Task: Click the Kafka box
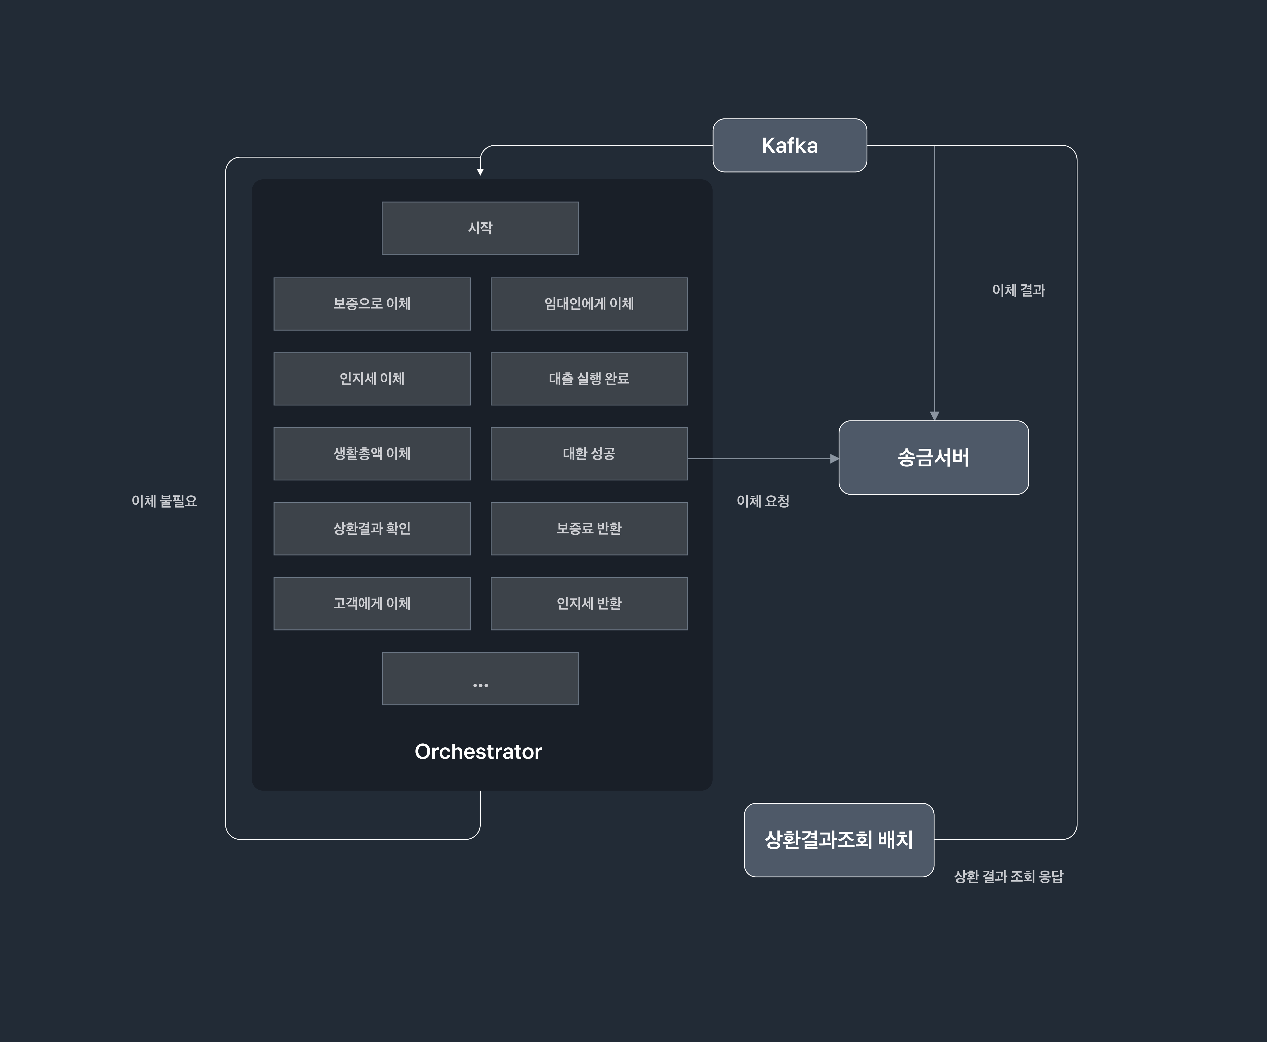pyautogui.click(x=789, y=145)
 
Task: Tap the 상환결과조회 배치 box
pyautogui.click(x=839, y=840)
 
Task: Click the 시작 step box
pyautogui.click(x=480, y=228)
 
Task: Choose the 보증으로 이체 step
pyautogui.click(x=372, y=304)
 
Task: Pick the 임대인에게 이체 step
pyautogui.click(x=589, y=304)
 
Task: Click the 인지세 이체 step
pyautogui.click(x=372, y=379)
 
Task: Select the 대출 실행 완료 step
pyautogui.click(x=589, y=379)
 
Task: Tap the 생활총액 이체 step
pyautogui.click(x=372, y=454)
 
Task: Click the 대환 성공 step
pyautogui.click(x=589, y=454)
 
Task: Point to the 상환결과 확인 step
pyautogui.click(x=372, y=529)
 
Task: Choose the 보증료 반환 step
pyautogui.click(x=589, y=529)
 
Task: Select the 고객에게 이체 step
pyautogui.click(x=372, y=604)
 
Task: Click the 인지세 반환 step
pyautogui.click(x=589, y=604)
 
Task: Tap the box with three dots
pyautogui.click(x=480, y=679)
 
